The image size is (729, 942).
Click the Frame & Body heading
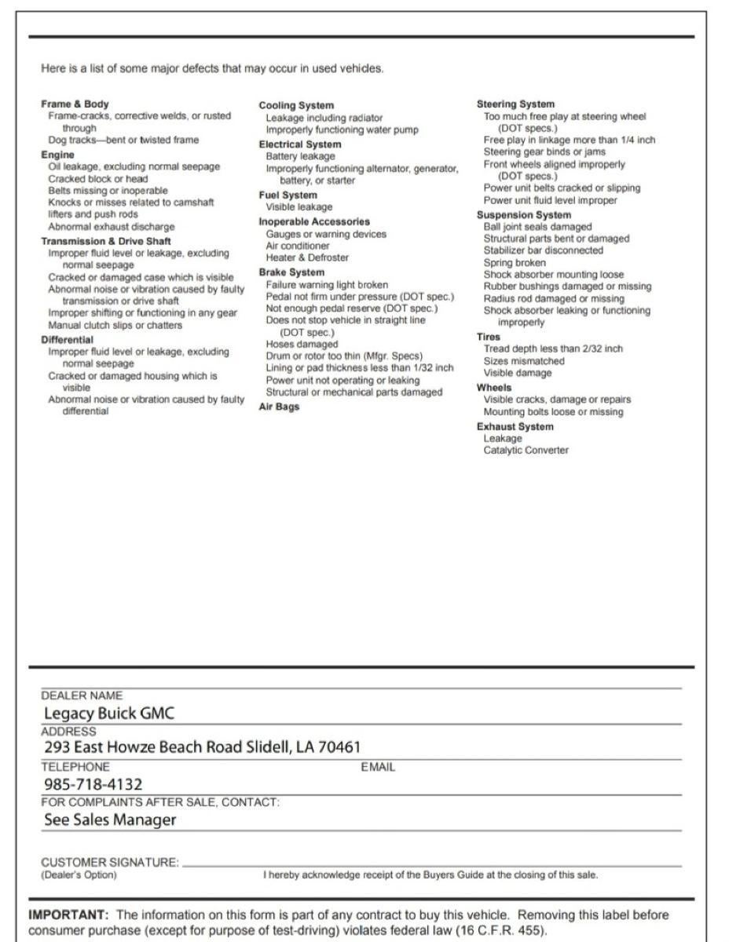[x=75, y=104]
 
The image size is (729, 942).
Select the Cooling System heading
[x=296, y=105]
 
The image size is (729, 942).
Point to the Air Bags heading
[x=279, y=407]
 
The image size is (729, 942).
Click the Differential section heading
[x=67, y=339]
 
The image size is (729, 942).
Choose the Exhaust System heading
[x=515, y=426]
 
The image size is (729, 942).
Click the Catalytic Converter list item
[x=526, y=450]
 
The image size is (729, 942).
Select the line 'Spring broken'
[x=515, y=262]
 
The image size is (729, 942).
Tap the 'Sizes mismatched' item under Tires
[x=523, y=361]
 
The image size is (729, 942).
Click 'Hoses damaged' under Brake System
[x=302, y=344]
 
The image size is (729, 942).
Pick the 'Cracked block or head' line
[x=98, y=178]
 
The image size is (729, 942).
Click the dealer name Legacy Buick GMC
[x=109, y=713]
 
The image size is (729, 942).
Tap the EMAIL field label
[x=378, y=767]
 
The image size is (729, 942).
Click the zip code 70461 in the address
[x=339, y=747]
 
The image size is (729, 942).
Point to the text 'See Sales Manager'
[x=110, y=820]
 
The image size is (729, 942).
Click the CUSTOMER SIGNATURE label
[x=110, y=862]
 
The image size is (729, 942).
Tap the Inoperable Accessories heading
[x=314, y=221]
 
